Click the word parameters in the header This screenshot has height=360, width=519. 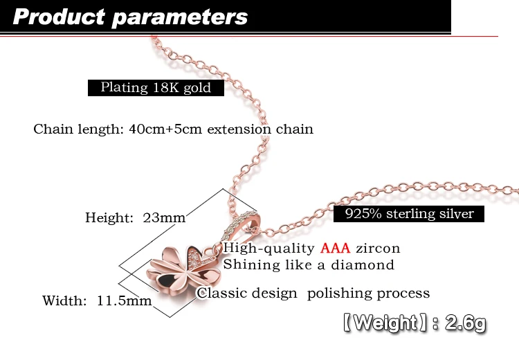pos(180,18)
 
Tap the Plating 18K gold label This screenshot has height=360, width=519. pos(156,88)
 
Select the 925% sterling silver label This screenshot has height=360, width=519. pos(409,214)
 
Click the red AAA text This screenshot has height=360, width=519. pos(335,248)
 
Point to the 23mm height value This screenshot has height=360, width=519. pos(164,217)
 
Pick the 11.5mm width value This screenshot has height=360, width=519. pos(124,300)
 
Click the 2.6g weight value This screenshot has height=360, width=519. pos(466,323)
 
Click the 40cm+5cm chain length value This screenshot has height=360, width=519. pos(165,129)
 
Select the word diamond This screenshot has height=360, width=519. pos(363,265)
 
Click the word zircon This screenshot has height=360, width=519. pos(378,249)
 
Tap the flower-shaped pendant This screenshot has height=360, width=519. pos(183,271)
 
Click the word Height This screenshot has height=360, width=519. pos(109,217)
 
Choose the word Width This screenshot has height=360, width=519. pos(64,300)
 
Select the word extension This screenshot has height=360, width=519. pos(239,129)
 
